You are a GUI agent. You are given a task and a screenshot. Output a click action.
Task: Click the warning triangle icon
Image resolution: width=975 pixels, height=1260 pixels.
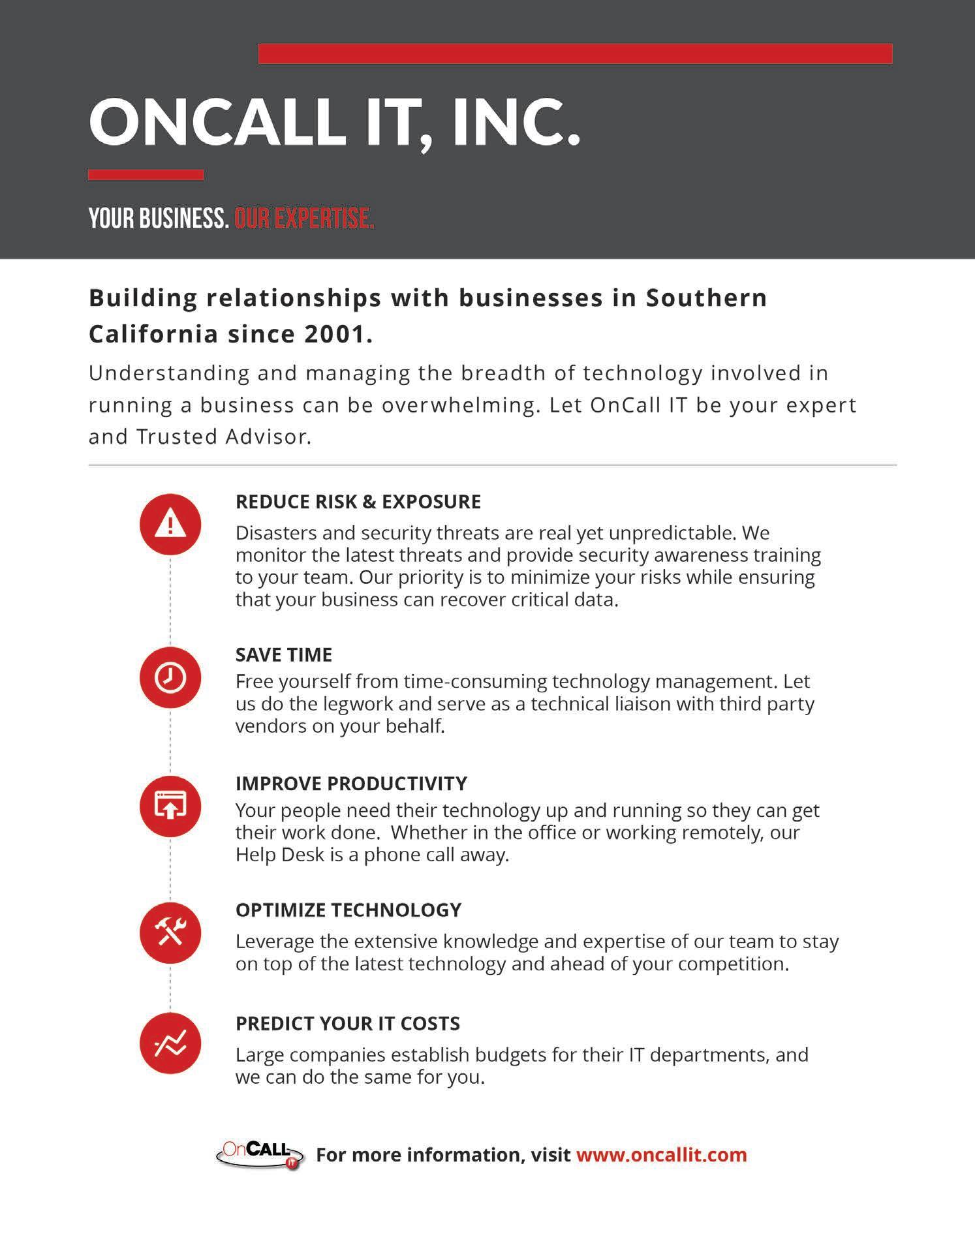[170, 524]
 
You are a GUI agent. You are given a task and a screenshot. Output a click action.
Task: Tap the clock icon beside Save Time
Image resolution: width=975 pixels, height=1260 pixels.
[170, 678]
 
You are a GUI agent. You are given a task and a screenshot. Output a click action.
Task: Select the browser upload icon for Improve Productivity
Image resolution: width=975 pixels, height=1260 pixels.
[170, 807]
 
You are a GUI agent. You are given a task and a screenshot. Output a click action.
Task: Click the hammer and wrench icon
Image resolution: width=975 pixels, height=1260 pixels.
[170, 933]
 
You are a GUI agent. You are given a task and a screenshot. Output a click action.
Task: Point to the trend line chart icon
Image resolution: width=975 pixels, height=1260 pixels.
[170, 1043]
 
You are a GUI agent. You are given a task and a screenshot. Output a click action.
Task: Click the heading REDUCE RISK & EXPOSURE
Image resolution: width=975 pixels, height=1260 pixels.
[358, 502]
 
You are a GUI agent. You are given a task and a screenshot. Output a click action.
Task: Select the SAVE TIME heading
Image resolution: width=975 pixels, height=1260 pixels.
[284, 654]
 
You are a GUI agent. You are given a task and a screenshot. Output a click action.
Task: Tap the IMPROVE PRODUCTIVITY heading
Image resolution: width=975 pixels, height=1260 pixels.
[351, 783]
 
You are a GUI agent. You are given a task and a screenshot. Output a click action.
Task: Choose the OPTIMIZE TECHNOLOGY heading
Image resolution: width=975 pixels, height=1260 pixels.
[348, 910]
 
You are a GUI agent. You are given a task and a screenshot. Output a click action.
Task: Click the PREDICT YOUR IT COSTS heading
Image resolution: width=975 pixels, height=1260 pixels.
[348, 1023]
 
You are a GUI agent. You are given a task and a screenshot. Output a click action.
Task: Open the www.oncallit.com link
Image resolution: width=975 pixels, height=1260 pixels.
[661, 1155]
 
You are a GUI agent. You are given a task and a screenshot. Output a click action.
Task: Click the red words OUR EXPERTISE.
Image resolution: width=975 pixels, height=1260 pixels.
[304, 219]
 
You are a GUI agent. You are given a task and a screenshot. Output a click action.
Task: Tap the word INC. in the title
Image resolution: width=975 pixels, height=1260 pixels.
[515, 122]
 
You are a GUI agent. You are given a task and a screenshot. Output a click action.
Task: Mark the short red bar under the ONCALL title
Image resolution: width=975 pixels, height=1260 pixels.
[146, 175]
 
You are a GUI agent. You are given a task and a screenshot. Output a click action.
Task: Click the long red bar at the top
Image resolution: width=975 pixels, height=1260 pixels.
[575, 54]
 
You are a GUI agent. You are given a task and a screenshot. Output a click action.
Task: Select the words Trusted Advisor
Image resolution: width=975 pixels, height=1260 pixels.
[222, 437]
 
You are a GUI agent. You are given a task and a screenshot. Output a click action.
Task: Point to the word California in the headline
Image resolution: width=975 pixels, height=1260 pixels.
[153, 334]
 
